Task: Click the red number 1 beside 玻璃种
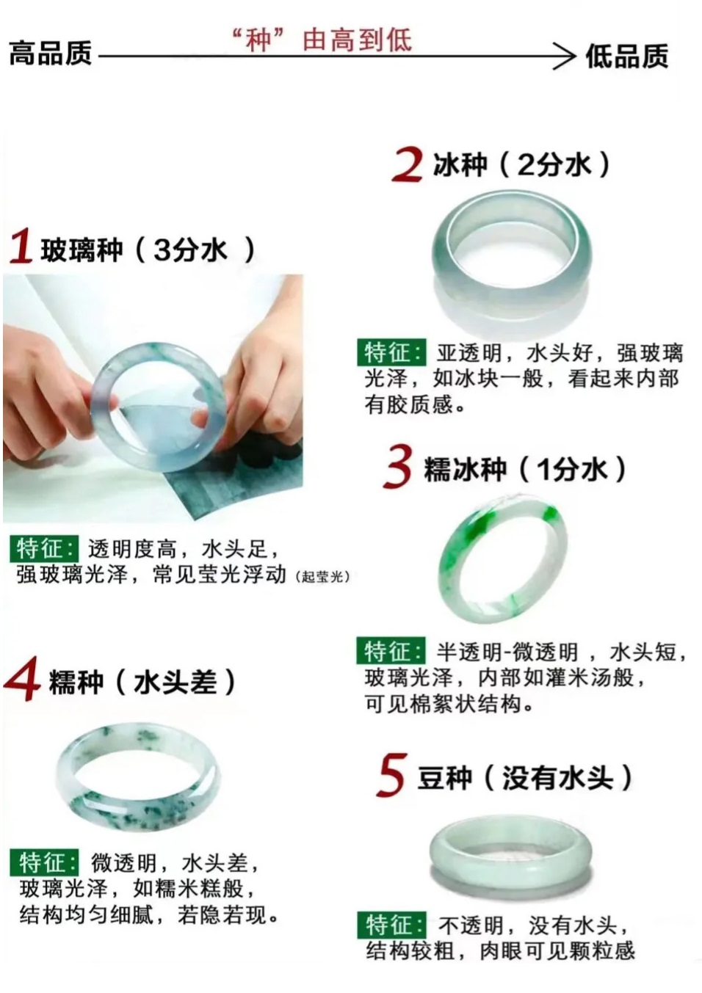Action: pyautogui.click(x=21, y=247)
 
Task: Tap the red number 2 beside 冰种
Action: pyautogui.click(x=407, y=165)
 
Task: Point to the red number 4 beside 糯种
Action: pyautogui.click(x=22, y=683)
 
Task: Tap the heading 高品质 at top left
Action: pyautogui.click(x=51, y=54)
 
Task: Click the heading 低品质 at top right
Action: pyautogui.click(x=626, y=56)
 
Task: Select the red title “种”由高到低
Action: pyautogui.click(x=322, y=40)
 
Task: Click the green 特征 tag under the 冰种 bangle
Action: pyautogui.click(x=391, y=353)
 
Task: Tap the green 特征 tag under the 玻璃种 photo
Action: pyautogui.click(x=44, y=549)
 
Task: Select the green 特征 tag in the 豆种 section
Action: pyautogui.click(x=391, y=925)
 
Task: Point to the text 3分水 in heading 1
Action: pyautogui.click(x=189, y=250)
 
